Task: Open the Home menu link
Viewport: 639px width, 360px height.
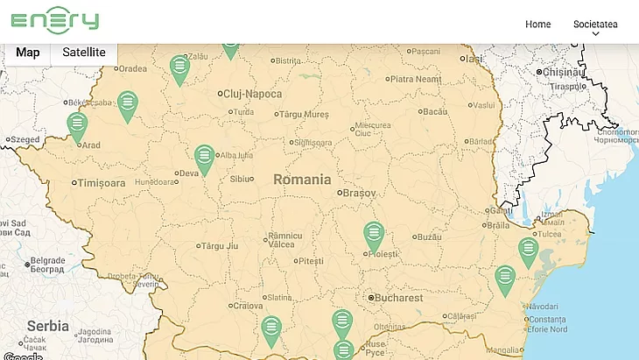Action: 537,25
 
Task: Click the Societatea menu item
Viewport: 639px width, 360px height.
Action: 595,25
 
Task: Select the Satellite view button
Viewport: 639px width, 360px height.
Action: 84,53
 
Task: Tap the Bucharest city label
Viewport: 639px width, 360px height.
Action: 401,298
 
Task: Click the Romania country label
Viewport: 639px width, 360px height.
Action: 302,180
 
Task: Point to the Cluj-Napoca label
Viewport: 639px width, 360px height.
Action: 252,94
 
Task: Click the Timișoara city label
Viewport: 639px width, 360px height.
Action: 102,184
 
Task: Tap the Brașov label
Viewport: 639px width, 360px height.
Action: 359,192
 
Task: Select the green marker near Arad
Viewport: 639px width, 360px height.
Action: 77,125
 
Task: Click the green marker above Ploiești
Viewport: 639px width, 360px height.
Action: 374,234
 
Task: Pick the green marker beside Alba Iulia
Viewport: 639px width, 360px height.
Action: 204,158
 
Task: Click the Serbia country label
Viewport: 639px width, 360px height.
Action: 47,326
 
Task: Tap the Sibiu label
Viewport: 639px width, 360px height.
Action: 240,179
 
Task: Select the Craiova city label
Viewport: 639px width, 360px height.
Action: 248,306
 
